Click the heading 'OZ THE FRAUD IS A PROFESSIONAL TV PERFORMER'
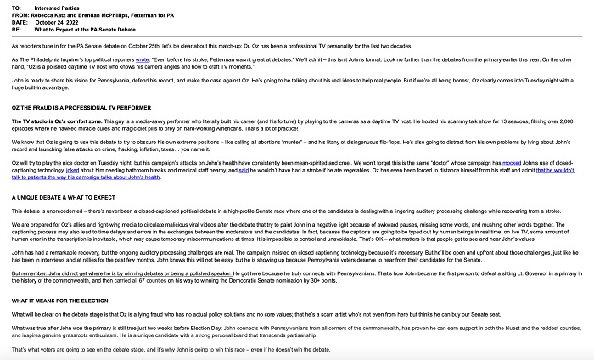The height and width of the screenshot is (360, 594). [81, 108]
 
